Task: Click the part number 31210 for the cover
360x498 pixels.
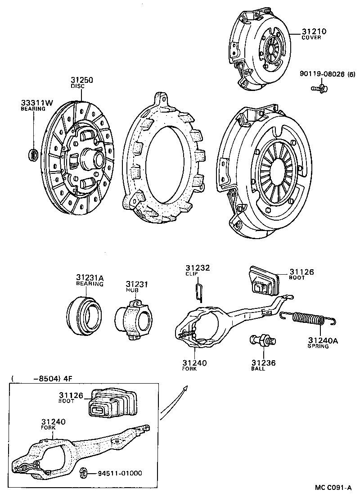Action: click(x=314, y=32)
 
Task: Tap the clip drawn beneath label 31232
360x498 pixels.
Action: click(x=199, y=292)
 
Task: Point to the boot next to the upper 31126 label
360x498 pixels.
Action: click(x=264, y=282)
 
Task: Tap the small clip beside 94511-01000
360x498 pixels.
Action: click(x=83, y=472)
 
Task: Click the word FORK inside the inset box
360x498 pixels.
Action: click(x=49, y=428)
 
